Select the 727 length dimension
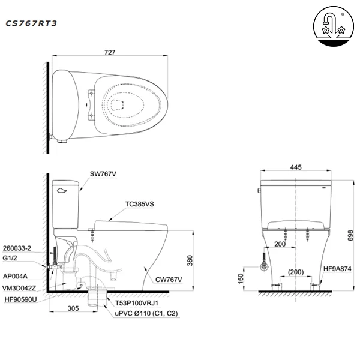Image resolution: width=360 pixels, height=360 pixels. tap(110, 53)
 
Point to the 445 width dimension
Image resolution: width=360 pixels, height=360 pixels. tap(296, 167)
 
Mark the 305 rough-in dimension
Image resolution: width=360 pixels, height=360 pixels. tap(73, 307)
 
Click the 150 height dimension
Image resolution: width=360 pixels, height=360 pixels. tap(241, 279)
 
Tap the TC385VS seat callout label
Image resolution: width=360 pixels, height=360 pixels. tap(141, 204)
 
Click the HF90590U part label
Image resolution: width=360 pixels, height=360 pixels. tap(19, 298)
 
